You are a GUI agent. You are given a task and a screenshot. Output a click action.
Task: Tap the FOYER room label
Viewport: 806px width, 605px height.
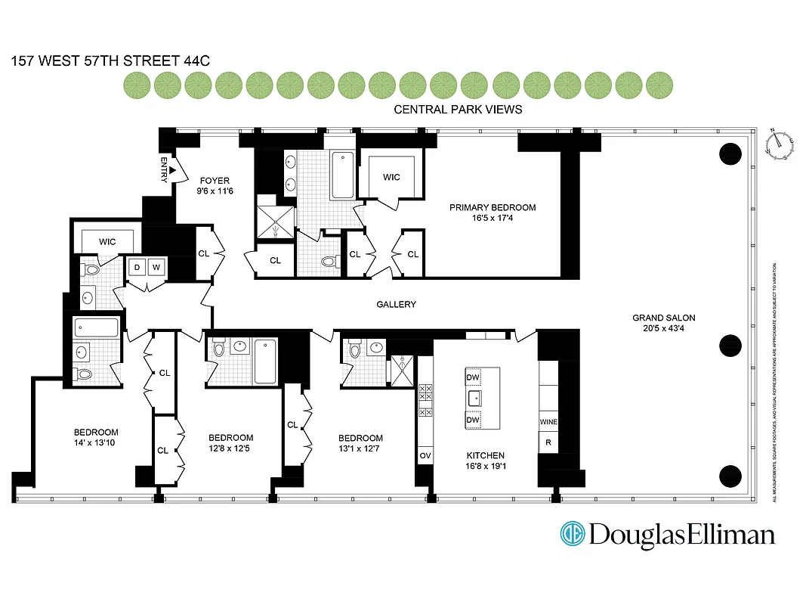[x=215, y=181]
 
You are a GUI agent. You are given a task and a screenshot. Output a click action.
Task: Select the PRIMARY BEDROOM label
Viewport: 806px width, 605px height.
[x=493, y=207]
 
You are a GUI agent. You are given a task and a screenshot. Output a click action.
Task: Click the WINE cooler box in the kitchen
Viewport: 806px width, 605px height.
[x=548, y=421]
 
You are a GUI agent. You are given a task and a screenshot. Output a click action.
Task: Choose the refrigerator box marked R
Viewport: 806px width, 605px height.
[x=548, y=442]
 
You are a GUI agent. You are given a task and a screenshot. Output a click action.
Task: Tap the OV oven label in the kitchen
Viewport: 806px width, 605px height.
[x=424, y=455]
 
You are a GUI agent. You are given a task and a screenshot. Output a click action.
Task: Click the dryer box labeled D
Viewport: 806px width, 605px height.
[x=138, y=267]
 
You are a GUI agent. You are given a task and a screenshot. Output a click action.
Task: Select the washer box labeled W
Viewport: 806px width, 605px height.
[x=156, y=267]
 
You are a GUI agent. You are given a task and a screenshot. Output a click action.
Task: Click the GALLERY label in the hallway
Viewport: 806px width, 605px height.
[x=397, y=304]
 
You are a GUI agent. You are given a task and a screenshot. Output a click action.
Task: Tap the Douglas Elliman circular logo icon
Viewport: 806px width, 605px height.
[x=573, y=534]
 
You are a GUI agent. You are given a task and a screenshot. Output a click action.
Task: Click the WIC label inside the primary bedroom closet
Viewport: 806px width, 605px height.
[x=391, y=177]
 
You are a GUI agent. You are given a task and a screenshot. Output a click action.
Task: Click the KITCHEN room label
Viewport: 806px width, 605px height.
[x=485, y=455]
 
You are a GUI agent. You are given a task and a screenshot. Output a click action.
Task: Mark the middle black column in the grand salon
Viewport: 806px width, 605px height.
[x=730, y=346]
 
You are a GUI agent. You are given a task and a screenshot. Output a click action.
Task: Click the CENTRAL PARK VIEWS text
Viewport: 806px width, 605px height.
[x=458, y=110]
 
